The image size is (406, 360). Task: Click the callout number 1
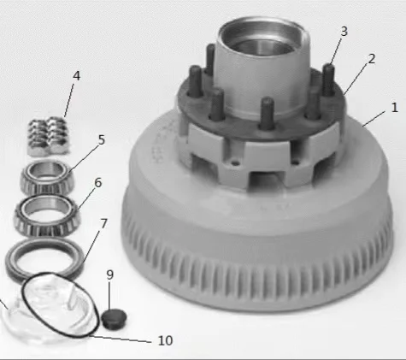tap(395, 108)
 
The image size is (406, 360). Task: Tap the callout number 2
tap(372, 59)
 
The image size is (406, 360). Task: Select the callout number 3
tap(344, 32)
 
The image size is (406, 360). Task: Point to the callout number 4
tap(76, 76)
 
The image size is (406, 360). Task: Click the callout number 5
tap(102, 140)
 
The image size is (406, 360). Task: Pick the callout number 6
tap(97, 183)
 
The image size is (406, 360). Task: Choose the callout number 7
tap(103, 224)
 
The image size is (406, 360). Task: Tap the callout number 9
tap(110, 274)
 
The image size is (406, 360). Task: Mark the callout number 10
tap(165, 340)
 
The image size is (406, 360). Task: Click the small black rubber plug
tap(115, 319)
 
